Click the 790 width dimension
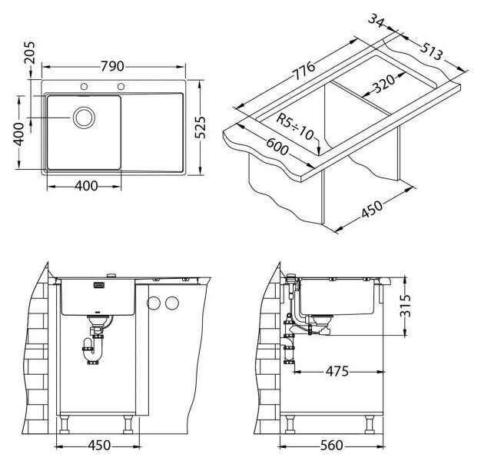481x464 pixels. pos(113,67)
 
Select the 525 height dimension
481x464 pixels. pos(201,128)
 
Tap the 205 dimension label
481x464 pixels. pos(30,53)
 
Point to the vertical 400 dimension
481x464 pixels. pos(19,134)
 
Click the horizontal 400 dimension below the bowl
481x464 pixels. pos(86,186)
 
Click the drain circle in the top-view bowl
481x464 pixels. pos(84,118)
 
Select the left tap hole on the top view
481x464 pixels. pos(84,87)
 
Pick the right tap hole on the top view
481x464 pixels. pos(121,87)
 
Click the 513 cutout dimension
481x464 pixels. pos(432,51)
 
